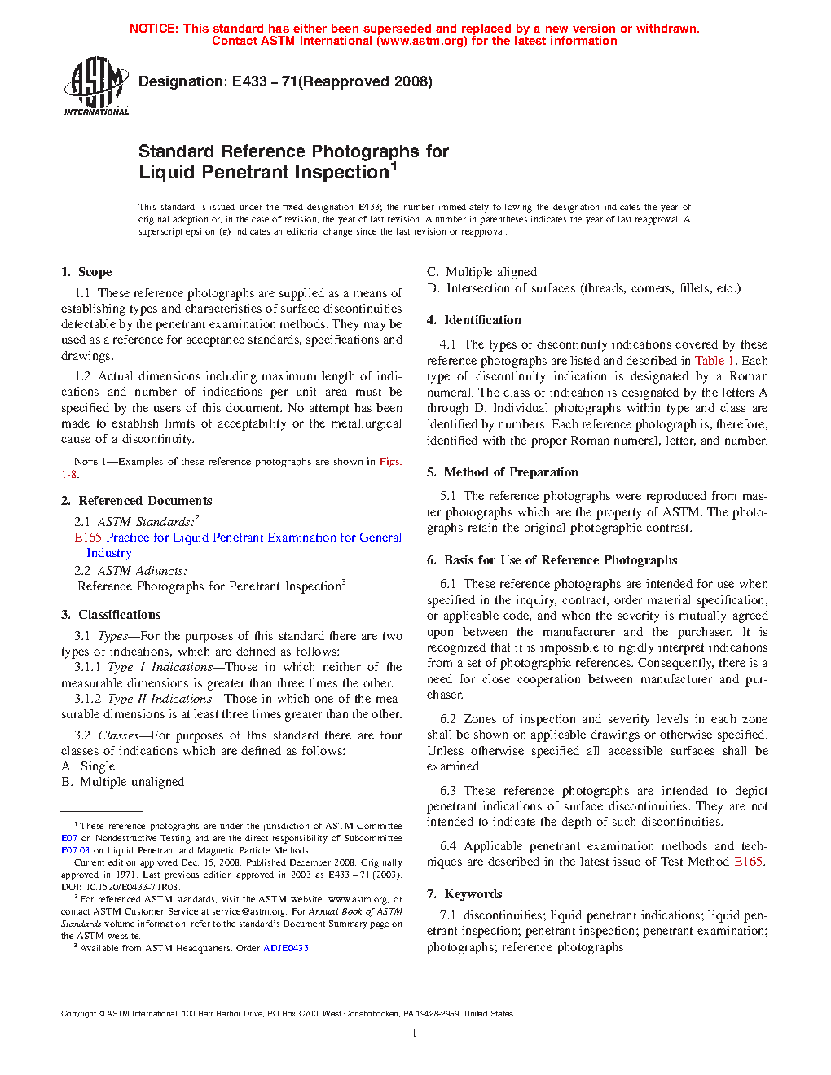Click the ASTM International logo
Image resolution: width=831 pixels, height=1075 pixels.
click(96, 85)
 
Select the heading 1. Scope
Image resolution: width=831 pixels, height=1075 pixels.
click(86, 272)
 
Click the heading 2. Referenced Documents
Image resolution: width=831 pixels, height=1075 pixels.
click(137, 501)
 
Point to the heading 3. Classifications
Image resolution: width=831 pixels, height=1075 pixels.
click(111, 615)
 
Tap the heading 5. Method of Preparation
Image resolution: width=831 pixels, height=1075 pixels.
click(503, 472)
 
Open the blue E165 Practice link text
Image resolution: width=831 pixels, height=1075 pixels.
click(237, 537)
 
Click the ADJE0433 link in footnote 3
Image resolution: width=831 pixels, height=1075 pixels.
click(286, 948)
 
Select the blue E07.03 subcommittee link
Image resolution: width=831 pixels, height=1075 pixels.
click(75, 850)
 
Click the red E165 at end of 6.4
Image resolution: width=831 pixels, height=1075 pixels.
click(748, 862)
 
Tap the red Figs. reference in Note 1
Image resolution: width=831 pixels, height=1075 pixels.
click(390, 462)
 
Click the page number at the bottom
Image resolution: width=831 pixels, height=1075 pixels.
click(415, 1033)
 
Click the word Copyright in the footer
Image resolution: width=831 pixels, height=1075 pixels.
click(79, 1014)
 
